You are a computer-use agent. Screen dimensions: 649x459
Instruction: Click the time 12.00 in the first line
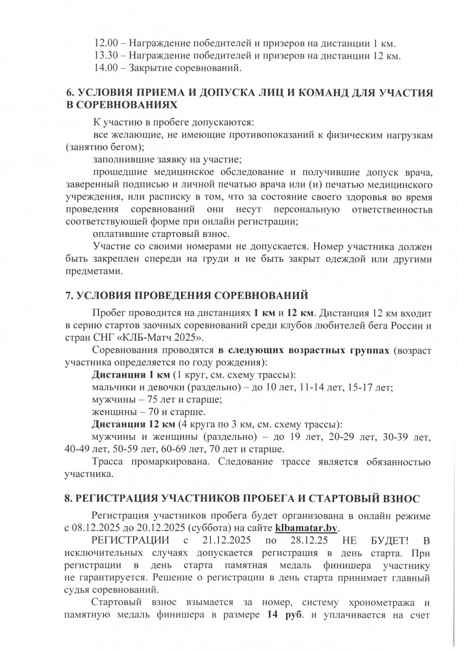coord(105,43)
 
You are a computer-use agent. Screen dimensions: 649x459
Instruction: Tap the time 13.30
coord(105,56)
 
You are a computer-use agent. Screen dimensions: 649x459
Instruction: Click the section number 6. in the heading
coord(69,93)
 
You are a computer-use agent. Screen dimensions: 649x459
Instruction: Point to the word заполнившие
coord(121,160)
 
